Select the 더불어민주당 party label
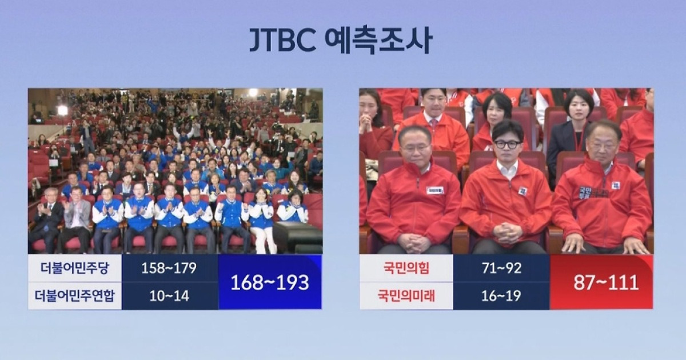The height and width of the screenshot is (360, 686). (75, 268)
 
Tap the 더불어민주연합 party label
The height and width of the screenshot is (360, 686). (75, 296)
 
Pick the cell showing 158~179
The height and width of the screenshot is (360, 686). (170, 268)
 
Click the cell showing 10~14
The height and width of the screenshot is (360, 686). (170, 296)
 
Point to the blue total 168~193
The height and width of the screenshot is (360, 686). (270, 282)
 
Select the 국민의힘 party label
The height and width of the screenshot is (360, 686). (406, 268)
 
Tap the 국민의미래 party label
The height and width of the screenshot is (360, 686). (406, 296)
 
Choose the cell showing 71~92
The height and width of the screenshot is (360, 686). (501, 268)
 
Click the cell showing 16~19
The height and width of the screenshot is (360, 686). (501, 296)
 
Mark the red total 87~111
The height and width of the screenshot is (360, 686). (601, 282)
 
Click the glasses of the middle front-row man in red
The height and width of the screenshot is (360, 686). (507, 144)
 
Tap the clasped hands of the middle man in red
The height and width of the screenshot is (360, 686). (506, 232)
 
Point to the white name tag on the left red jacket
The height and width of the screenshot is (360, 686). (434, 190)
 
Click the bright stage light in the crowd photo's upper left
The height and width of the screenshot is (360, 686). (62, 110)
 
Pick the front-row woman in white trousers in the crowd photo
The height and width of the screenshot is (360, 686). (262, 220)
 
